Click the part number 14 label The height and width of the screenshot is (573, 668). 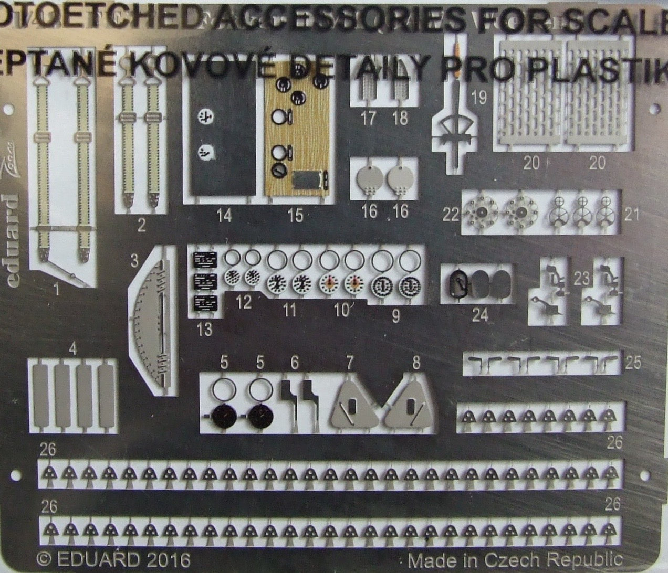(x=225, y=216)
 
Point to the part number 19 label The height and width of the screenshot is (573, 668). (x=479, y=97)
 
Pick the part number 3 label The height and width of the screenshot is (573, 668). (x=135, y=259)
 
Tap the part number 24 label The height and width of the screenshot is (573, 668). (x=480, y=315)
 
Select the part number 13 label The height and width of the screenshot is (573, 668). (x=204, y=329)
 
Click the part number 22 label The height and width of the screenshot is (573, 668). (x=451, y=214)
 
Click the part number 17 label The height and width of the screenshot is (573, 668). (x=369, y=118)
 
